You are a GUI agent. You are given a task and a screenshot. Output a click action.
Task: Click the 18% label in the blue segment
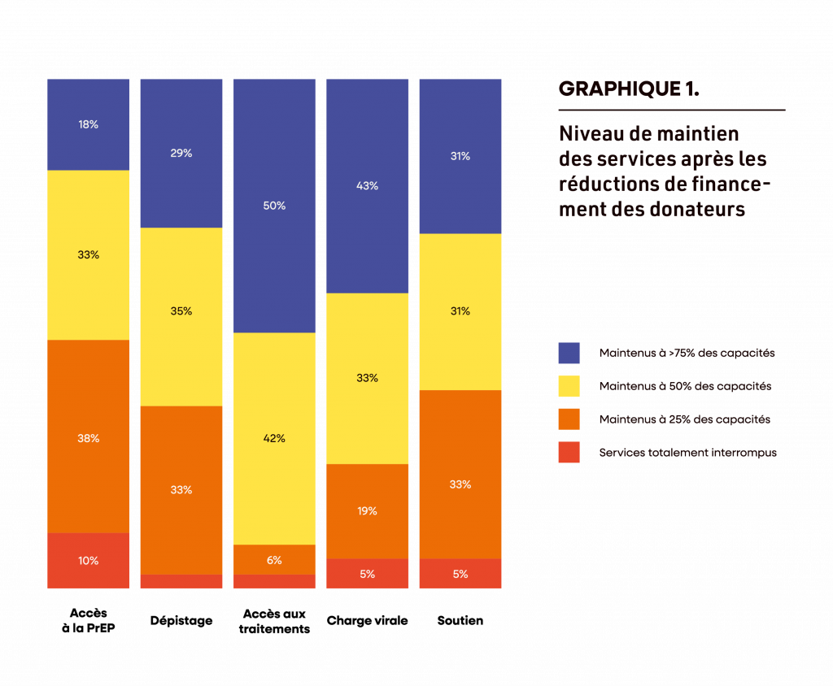pos(88,124)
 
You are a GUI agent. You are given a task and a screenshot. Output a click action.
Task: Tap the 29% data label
pos(181,153)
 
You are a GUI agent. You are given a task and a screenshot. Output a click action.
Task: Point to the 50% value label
pos(274,206)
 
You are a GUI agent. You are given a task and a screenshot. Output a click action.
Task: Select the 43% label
pos(367,185)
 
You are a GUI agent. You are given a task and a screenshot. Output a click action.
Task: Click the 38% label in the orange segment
pos(88,438)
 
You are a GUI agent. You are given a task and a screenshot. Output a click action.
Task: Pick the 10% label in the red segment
pos(88,560)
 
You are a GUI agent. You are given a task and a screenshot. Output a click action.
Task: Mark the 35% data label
pos(181,310)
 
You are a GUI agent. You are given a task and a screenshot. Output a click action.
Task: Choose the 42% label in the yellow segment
pos(274,438)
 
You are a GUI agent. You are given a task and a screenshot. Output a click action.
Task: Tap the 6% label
pos(274,560)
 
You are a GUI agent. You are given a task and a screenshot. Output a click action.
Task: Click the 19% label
pos(367,510)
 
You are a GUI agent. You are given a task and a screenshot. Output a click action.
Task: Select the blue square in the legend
pos(569,353)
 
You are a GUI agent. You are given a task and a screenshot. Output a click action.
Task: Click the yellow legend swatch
pos(569,385)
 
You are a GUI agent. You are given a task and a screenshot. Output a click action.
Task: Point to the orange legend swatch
pos(569,419)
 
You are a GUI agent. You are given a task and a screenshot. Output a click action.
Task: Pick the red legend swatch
pos(569,452)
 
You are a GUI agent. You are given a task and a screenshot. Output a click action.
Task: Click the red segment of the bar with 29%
pos(181,581)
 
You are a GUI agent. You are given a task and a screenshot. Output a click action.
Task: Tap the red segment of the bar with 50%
pos(274,581)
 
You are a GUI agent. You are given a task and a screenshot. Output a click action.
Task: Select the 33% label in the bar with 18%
pos(88,254)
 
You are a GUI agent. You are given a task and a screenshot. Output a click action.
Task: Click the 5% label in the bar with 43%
pos(367,574)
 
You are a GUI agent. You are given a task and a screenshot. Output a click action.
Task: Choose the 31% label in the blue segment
pos(460,156)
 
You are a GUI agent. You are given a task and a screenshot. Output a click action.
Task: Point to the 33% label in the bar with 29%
pos(181,489)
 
